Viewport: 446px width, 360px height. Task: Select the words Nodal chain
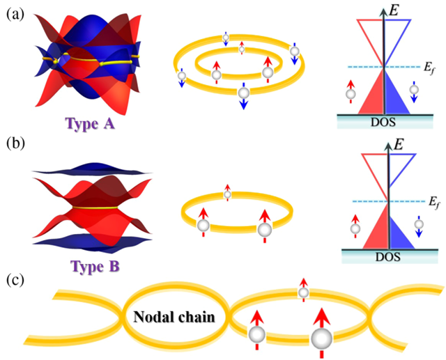click(x=175, y=318)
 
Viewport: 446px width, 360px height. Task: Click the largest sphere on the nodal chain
click(x=321, y=339)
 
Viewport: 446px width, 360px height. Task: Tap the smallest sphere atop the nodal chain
click(x=303, y=292)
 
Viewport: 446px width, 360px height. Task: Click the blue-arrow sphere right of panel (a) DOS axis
click(x=415, y=90)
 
